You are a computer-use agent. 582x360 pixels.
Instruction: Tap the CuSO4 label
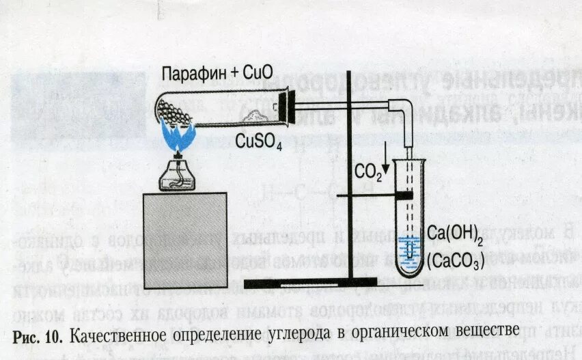[x=259, y=141]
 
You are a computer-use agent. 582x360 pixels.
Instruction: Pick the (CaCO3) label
[x=456, y=260]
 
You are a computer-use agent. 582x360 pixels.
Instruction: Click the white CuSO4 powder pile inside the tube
[x=255, y=119]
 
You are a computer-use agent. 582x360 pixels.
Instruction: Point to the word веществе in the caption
[x=477, y=333]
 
